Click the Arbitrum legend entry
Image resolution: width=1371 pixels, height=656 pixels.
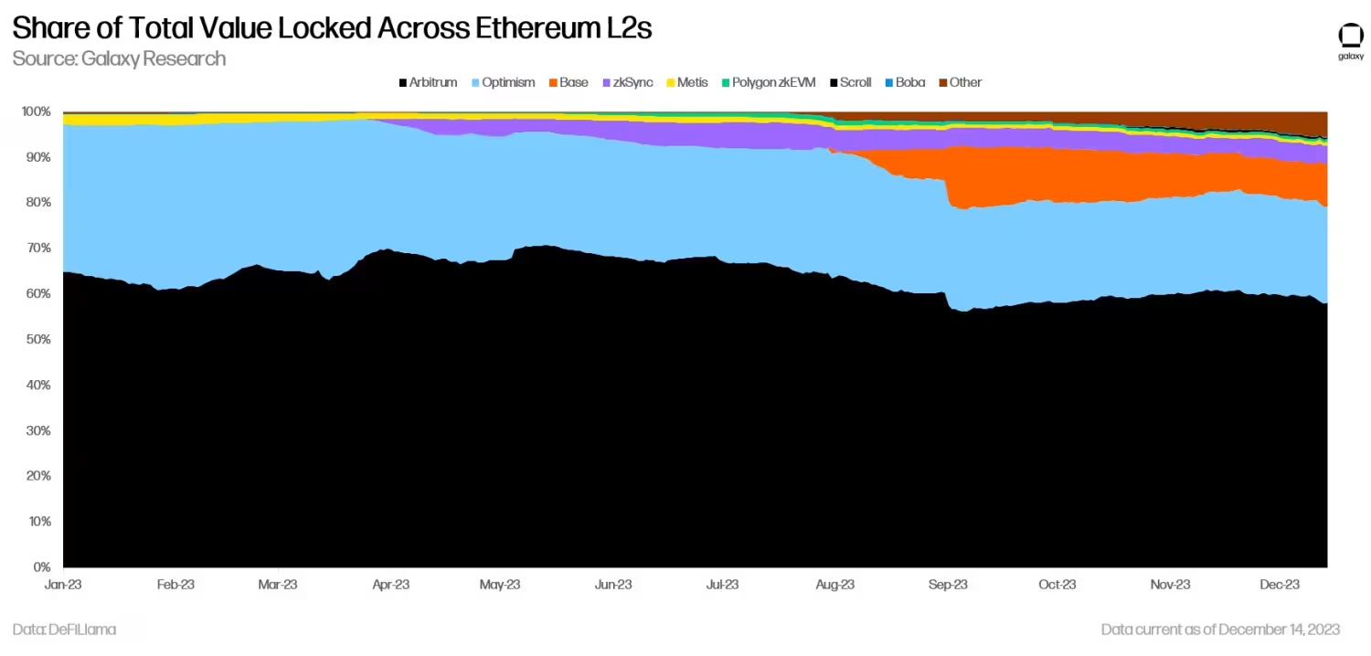[x=428, y=82]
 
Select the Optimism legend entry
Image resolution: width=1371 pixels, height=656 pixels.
[x=503, y=82]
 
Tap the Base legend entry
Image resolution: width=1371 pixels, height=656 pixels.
[x=569, y=82]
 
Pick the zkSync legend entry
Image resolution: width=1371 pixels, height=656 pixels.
[x=628, y=82]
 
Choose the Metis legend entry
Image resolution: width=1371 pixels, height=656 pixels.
[x=686, y=82]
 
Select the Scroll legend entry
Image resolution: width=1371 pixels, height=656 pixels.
[x=850, y=82]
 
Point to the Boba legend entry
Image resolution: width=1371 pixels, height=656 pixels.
[x=905, y=82]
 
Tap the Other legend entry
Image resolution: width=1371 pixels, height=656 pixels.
[x=960, y=82]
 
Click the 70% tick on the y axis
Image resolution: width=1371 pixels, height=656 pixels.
[x=37, y=249]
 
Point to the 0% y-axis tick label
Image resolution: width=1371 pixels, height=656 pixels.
[x=40, y=567]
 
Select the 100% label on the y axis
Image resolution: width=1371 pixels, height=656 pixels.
[x=35, y=111]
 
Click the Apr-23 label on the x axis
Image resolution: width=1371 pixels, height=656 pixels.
[x=390, y=585]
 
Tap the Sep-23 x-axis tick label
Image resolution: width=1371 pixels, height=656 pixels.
[x=947, y=585]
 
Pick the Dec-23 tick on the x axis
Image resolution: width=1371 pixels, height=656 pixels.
[x=1280, y=585]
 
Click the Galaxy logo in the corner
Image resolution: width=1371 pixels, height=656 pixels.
[x=1350, y=40]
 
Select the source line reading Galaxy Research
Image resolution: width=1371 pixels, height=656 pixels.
[x=119, y=58]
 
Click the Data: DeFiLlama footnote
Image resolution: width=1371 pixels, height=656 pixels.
[x=64, y=630]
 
